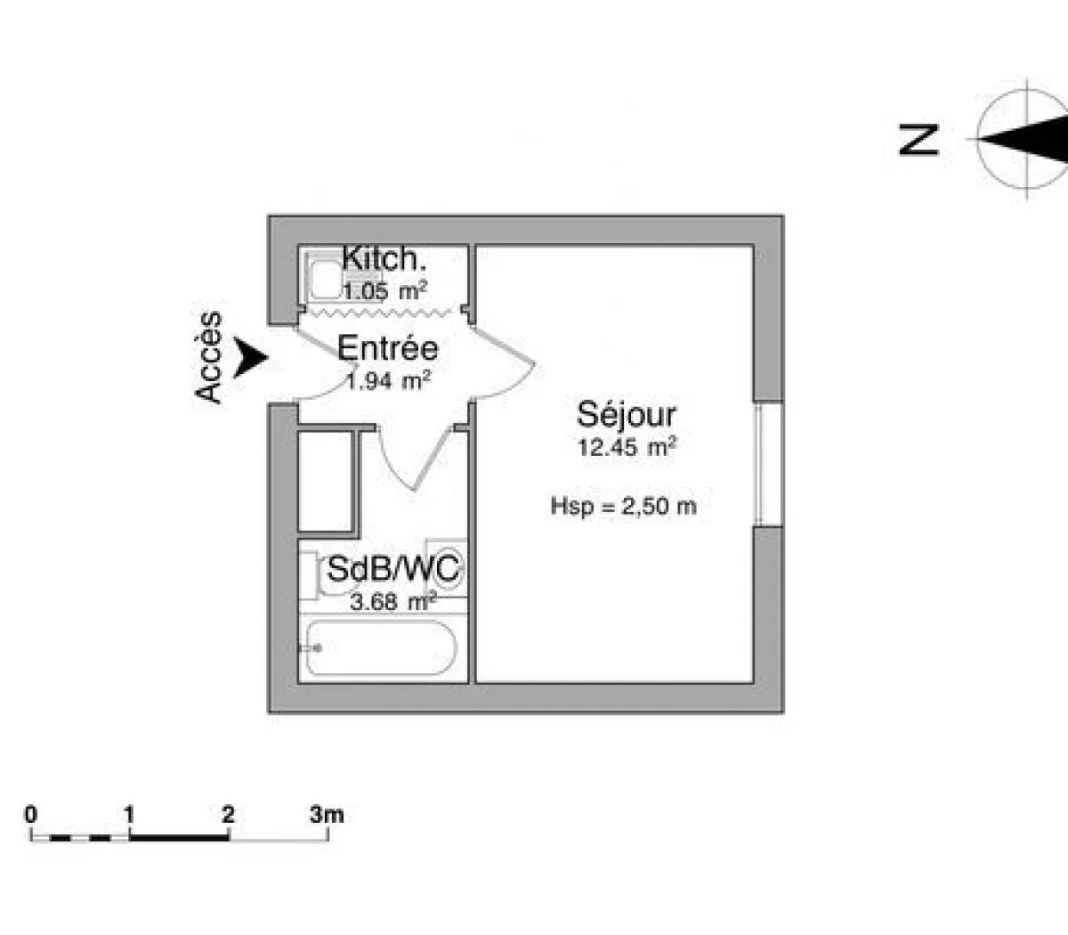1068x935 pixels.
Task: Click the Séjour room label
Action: pos(627,415)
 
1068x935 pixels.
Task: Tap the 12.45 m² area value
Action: pos(627,447)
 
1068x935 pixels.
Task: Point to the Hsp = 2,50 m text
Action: pos(623,507)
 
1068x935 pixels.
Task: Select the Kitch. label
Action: pos(384,259)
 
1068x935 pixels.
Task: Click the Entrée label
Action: pos(388,348)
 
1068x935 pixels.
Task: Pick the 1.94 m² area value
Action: pos(388,381)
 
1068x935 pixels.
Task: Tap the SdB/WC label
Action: pos(394,569)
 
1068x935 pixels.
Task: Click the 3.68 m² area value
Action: pos(392,602)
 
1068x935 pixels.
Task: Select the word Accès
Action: pos(209,357)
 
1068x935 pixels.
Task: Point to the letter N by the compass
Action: pos(919,140)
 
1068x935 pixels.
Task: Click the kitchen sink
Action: pos(322,274)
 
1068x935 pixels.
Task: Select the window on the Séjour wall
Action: pos(767,465)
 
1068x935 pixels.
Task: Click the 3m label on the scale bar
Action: pos(327,814)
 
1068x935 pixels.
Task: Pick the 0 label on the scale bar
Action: pos(31,814)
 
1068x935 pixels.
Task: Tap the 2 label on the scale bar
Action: pos(229,814)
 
